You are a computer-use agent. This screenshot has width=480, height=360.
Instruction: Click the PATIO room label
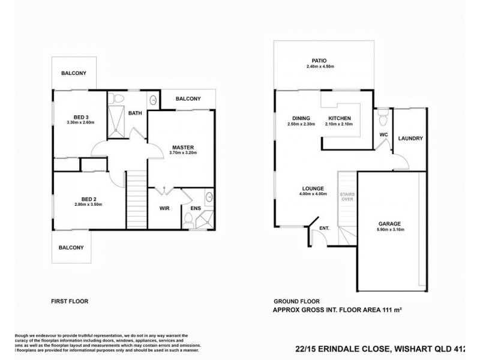tap(318, 61)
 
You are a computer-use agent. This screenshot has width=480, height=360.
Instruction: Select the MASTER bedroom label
tap(182, 147)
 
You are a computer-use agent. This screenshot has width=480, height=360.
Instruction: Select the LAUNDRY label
tap(410, 139)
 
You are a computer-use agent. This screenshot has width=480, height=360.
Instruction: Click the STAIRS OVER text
tap(346, 197)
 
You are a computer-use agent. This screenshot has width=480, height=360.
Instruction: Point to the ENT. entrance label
tap(325, 228)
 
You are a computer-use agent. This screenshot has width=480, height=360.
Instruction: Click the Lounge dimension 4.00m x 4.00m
tap(313, 194)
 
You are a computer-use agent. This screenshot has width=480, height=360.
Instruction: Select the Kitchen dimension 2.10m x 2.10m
tap(339, 124)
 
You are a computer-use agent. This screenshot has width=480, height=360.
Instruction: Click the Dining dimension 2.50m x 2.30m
tap(300, 124)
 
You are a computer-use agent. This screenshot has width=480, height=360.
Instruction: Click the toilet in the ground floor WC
tap(382, 114)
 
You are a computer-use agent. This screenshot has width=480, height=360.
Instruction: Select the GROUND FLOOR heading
tap(296, 302)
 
